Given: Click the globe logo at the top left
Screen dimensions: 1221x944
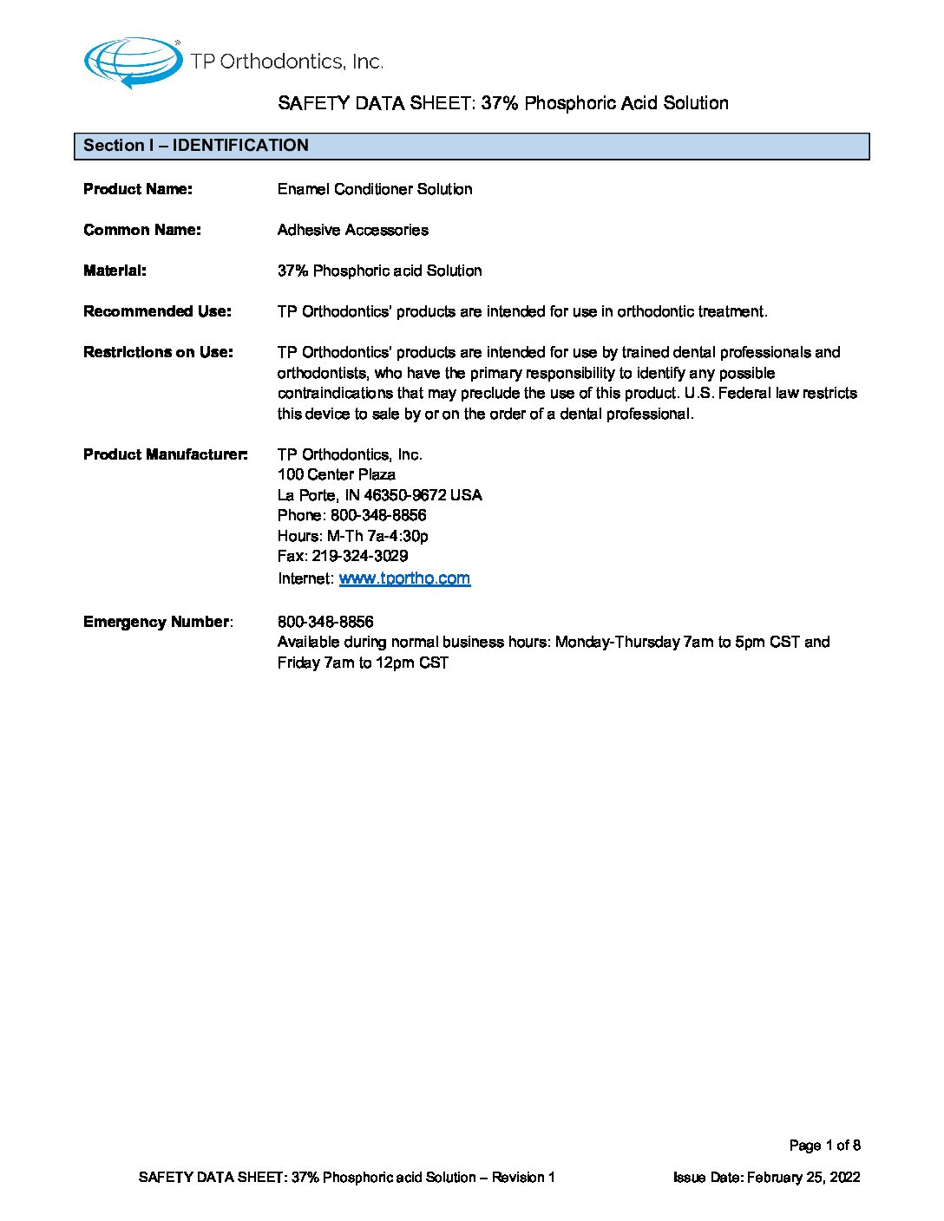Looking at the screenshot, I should (132, 62).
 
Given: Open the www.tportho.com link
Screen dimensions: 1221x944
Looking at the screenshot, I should (404, 578).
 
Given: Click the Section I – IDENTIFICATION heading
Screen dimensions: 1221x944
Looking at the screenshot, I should (196, 146).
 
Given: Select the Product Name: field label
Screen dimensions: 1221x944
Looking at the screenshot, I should (138, 189).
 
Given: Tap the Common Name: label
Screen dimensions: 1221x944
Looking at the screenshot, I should (142, 230).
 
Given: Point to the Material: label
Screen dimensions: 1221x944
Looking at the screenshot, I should (115, 271).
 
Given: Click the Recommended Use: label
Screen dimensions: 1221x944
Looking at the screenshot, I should (157, 311).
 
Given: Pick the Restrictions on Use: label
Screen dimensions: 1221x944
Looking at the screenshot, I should (158, 352).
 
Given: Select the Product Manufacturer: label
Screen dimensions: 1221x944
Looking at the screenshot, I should (165, 454).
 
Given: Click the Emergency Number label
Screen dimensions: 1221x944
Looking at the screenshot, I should (157, 622).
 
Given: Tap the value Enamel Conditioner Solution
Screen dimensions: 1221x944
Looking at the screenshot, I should (375, 189).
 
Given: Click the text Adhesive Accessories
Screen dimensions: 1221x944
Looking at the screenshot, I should (353, 230).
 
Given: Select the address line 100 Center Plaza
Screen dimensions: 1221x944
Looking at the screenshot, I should (337, 474).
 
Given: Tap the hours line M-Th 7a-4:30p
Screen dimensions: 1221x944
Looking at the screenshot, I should (377, 536).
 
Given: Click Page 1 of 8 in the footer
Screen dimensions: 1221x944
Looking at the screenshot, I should (824, 1146).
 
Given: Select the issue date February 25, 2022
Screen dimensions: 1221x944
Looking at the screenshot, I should (803, 1177).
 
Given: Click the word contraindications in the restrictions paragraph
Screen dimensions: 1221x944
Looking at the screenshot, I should (336, 393).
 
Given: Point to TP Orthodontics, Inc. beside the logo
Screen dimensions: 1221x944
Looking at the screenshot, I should (286, 62).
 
